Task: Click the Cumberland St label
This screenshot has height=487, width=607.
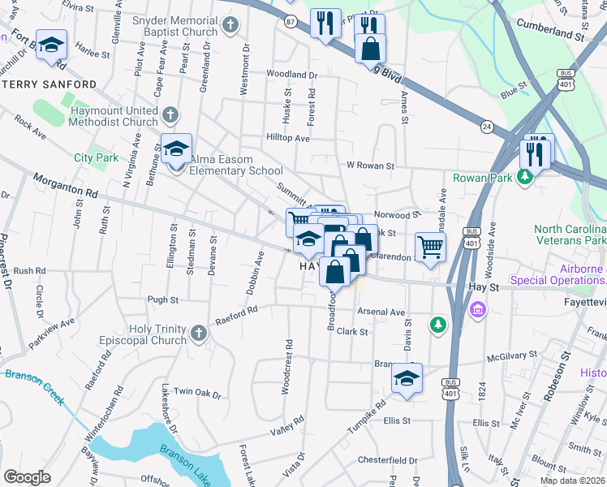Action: coord(558,37)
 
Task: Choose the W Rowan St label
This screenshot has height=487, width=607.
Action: coord(370,166)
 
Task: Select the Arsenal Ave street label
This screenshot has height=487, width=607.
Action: coord(381,312)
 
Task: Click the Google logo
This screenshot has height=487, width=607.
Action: coord(27,476)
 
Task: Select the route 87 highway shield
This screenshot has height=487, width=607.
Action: coord(290,24)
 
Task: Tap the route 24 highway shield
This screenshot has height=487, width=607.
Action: coord(487,127)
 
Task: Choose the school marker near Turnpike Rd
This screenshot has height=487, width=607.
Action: coord(407,378)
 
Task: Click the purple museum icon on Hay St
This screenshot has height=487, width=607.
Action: coord(477,309)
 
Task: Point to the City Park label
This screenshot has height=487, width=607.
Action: coord(96,157)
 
